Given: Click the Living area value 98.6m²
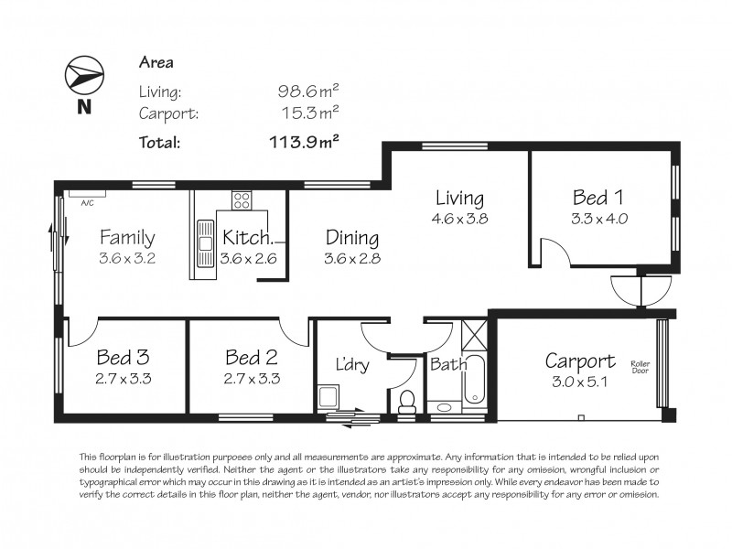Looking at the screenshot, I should coord(308,91).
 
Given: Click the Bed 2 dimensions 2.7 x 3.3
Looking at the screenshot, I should coord(252,377).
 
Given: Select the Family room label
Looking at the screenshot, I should coord(126,238).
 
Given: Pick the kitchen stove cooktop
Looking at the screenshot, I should coord(242,199).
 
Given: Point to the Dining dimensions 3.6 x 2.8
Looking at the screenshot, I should coord(351,259).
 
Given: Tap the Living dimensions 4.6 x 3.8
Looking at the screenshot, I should coord(459,219).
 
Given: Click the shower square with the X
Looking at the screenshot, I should coord(474,335).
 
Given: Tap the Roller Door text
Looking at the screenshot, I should coord(640,368).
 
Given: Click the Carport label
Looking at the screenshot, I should coord(579,360).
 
